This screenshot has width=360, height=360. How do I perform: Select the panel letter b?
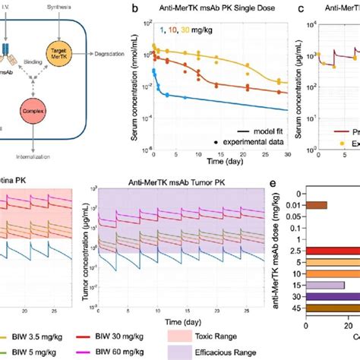tap(134, 8)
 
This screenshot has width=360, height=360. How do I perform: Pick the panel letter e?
tap(273, 184)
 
